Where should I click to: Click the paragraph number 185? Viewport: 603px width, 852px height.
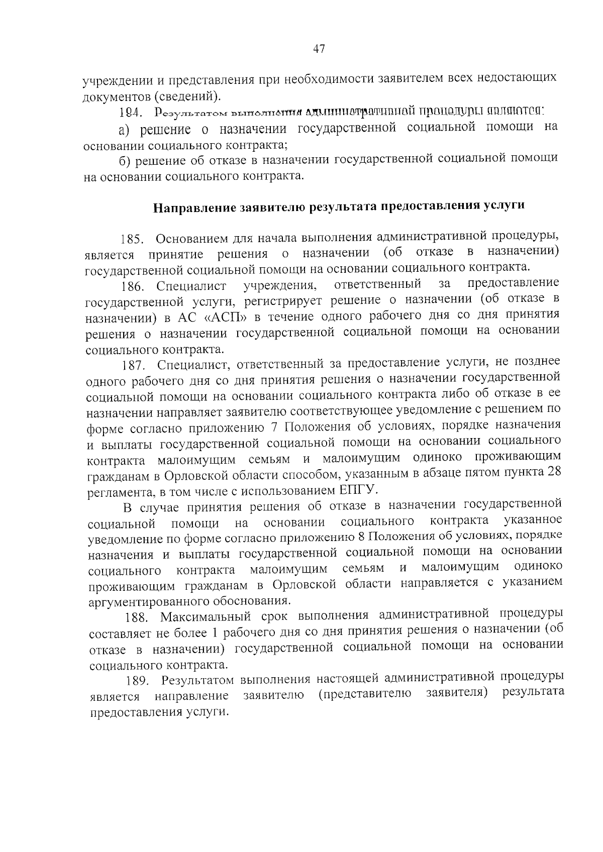coord(132,238)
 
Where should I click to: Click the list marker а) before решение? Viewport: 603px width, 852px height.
coord(125,130)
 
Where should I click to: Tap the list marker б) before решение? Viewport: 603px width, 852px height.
coord(125,161)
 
